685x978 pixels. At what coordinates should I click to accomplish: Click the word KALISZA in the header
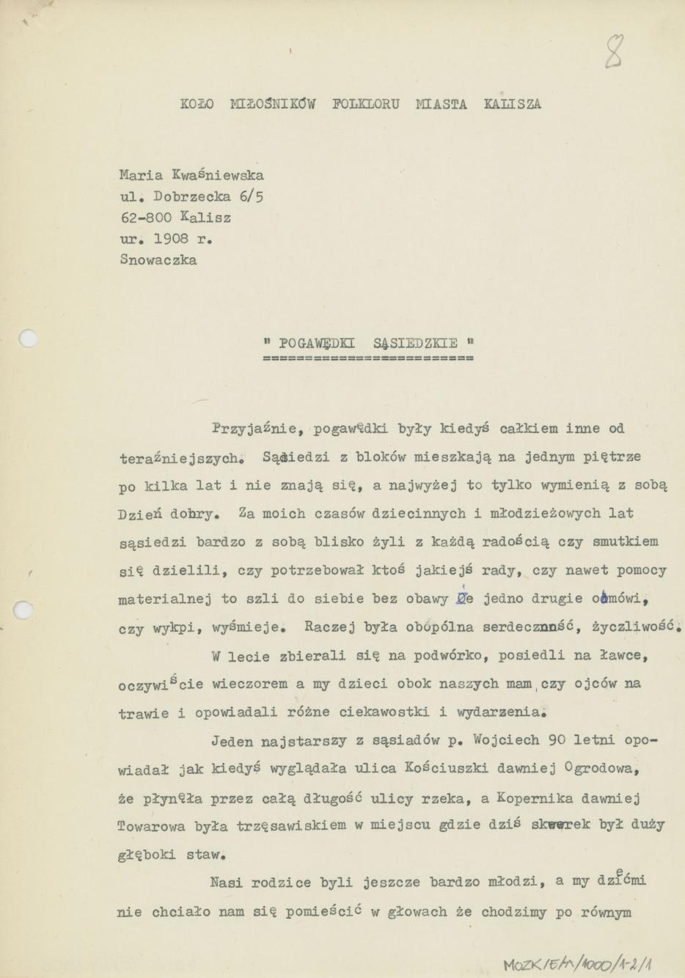pos(513,104)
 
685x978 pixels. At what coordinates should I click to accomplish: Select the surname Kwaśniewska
pos(217,175)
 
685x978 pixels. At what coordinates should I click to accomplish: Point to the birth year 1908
pos(171,239)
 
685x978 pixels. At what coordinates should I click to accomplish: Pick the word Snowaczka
pos(158,260)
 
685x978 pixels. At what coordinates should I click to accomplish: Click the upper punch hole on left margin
pos(27,339)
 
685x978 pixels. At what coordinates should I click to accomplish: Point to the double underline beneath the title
pos(367,360)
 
